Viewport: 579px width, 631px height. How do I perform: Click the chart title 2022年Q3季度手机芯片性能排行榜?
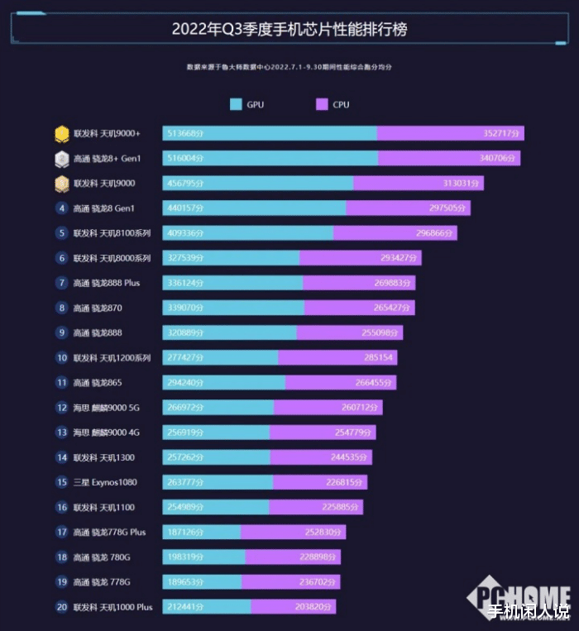pos(289,29)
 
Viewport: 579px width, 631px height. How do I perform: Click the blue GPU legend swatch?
pos(237,105)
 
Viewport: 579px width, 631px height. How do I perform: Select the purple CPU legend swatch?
pos(323,105)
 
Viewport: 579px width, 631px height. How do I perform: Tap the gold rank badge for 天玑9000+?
pos(62,133)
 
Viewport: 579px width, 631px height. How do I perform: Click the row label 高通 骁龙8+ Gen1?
pos(107,158)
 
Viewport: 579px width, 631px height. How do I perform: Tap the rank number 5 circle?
pos(62,233)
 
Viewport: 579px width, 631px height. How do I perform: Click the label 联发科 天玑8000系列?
pos(112,258)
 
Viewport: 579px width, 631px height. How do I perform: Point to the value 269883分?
pos(392,283)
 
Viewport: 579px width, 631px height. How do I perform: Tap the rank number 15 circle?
pos(62,482)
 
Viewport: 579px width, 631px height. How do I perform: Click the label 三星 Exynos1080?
pos(104,482)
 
